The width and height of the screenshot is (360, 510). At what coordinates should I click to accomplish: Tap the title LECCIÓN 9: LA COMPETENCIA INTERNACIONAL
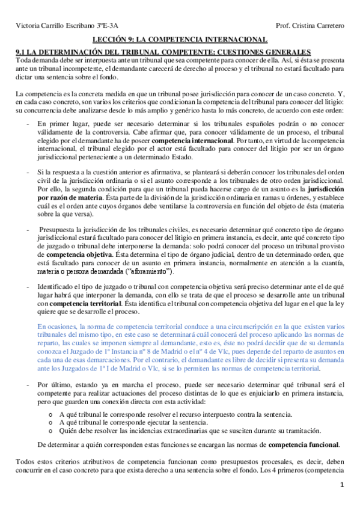coord(180,40)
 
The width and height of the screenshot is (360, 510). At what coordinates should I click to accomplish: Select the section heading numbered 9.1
coord(163,52)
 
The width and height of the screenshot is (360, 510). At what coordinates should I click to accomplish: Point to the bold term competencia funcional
coord(303,445)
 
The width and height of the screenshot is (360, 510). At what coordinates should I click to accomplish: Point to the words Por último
coord(52,384)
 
